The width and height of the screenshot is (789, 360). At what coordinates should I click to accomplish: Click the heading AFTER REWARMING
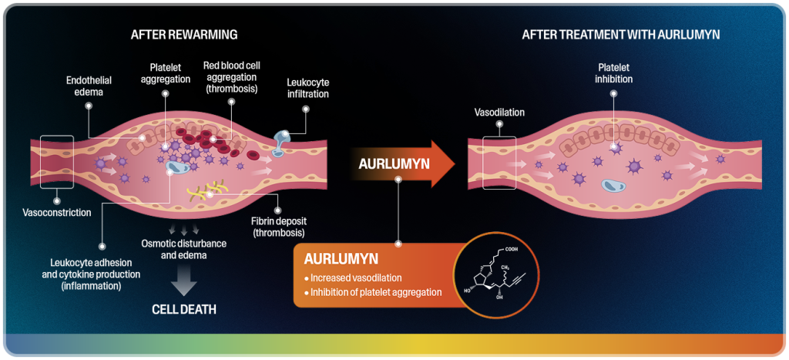click(x=183, y=35)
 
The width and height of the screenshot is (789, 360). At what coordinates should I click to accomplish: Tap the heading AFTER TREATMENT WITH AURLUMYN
click(x=620, y=35)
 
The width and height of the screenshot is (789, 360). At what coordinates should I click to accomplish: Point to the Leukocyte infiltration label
click(x=307, y=88)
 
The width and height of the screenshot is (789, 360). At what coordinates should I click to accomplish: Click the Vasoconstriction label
click(x=58, y=212)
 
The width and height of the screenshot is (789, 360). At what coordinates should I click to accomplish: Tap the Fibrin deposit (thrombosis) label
click(x=277, y=227)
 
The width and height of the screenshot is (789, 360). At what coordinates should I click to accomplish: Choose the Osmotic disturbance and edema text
click(x=184, y=249)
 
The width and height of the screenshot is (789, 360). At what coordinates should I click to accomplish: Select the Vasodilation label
click(x=499, y=113)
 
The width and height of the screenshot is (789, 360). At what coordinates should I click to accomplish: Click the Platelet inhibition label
click(x=614, y=73)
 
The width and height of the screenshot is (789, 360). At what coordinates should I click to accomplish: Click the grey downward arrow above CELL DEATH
click(x=183, y=281)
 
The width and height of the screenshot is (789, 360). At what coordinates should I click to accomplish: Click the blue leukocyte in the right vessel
click(x=613, y=185)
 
